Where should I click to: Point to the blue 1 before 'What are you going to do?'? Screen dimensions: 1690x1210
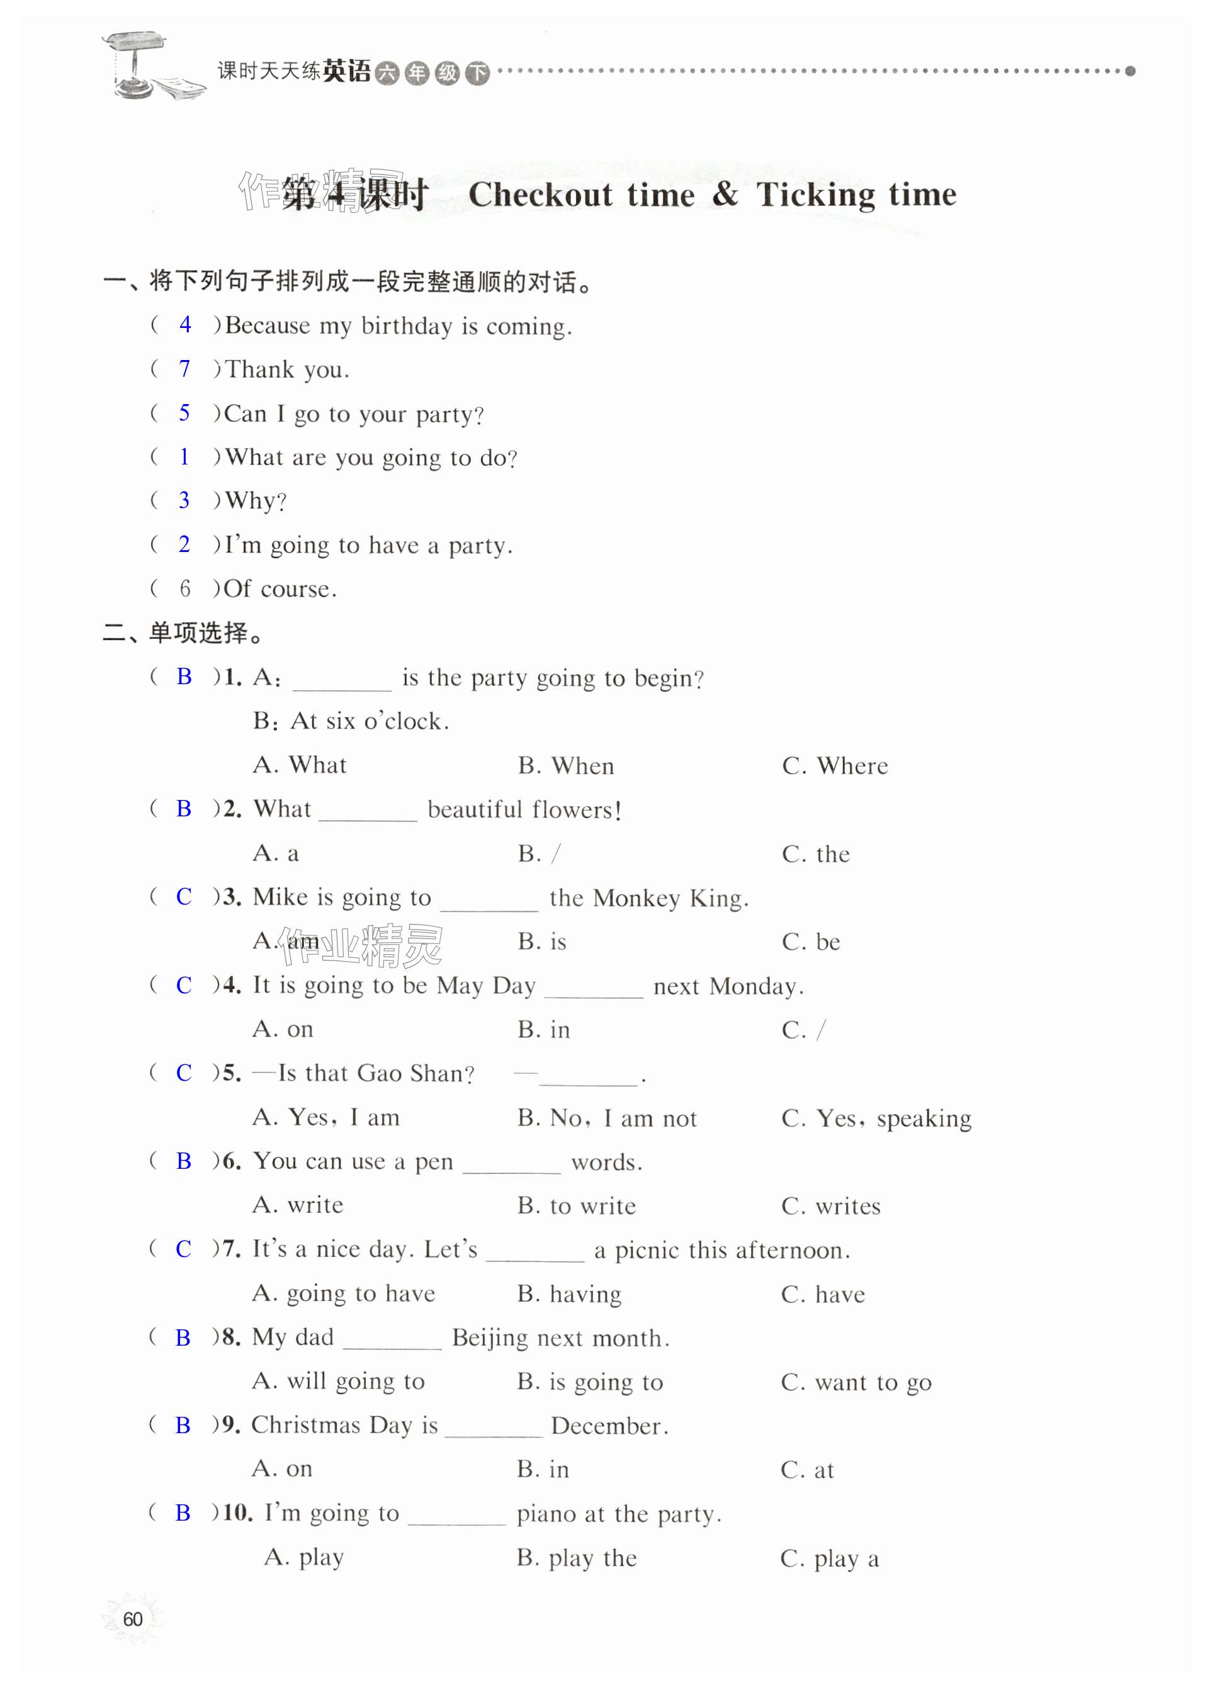[x=184, y=456]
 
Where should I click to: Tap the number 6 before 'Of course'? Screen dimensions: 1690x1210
[x=185, y=589]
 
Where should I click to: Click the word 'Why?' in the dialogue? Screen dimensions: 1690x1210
[x=256, y=500]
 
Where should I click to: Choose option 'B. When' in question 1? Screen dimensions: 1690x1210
[x=566, y=765]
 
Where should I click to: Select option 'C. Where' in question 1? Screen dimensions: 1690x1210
[x=835, y=765]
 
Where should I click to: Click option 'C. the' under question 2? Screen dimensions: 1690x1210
[x=815, y=853]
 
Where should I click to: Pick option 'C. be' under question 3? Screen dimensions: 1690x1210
[x=811, y=942]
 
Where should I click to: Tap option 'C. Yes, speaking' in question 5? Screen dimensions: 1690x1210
[x=876, y=1118]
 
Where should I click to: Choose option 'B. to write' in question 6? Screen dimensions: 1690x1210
[x=577, y=1206]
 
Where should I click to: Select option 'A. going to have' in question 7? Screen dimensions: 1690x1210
[x=344, y=1293]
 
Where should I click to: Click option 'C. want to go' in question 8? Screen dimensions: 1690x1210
[x=856, y=1382]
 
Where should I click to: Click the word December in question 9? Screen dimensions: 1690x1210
[x=608, y=1426]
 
